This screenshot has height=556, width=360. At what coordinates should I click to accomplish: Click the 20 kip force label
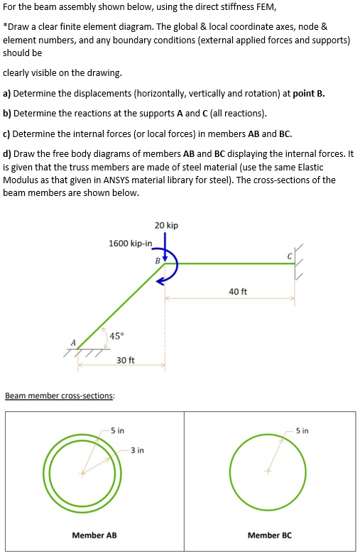click(x=166, y=225)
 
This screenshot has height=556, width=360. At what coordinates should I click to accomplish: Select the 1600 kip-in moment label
click(x=130, y=244)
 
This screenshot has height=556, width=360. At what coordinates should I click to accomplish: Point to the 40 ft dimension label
click(x=238, y=292)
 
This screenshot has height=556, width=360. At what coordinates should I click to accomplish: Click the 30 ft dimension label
click(x=125, y=361)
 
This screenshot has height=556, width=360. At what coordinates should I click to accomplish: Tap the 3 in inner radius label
click(x=137, y=450)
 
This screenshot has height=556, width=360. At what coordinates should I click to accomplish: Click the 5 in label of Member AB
click(x=117, y=431)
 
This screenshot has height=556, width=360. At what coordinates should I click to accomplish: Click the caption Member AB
click(x=94, y=535)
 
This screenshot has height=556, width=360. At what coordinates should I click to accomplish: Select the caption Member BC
click(x=269, y=535)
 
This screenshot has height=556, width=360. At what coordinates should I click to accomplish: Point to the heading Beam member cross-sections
click(x=59, y=396)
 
